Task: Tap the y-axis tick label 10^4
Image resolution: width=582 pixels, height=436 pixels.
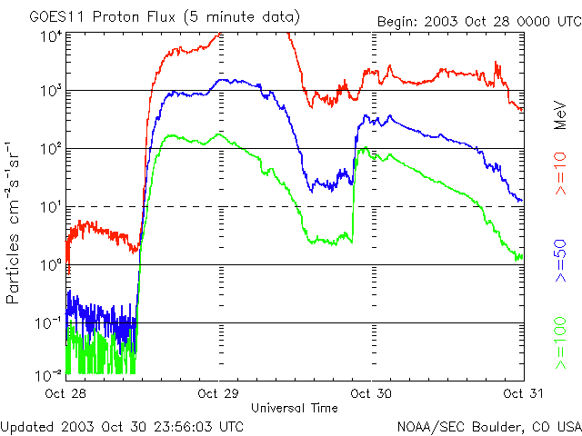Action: tap(51, 35)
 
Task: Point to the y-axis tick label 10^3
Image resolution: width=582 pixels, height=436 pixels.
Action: tap(51, 91)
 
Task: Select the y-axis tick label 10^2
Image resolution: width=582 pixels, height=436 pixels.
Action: tap(51, 148)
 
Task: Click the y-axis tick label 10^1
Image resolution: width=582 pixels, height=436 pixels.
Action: tap(51, 206)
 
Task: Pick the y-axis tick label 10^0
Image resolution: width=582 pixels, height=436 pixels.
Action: tap(51, 264)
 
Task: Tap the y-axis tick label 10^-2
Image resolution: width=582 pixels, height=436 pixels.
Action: tap(49, 374)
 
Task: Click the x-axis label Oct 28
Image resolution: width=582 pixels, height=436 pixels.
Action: tap(65, 393)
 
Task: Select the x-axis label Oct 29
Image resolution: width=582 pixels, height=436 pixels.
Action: tap(218, 393)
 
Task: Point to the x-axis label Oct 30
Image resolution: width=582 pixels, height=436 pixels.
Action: tap(371, 393)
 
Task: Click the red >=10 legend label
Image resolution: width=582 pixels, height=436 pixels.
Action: tap(561, 178)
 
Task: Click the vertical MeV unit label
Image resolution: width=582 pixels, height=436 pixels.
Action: tap(561, 114)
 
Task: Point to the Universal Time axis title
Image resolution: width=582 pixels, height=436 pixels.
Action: tap(295, 408)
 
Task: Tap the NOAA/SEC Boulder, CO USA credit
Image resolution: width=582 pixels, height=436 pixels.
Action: tap(488, 426)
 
